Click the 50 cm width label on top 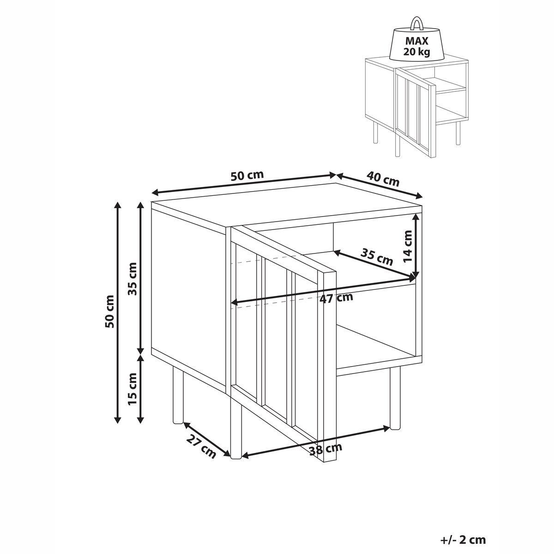(247, 175)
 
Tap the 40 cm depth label (383, 179)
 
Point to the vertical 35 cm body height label (132, 279)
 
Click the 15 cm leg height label (132, 389)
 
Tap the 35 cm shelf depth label (377, 257)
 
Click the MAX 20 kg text (416, 46)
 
